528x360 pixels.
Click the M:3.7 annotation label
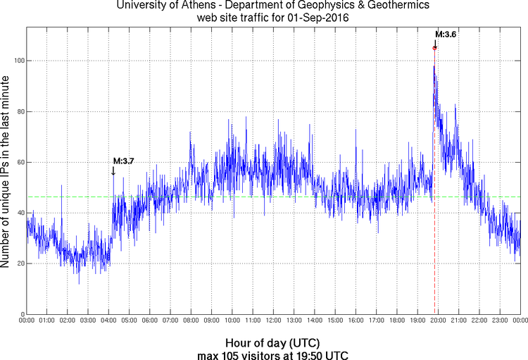pyautogui.click(x=123, y=161)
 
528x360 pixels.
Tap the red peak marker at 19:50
pyautogui.click(x=434, y=48)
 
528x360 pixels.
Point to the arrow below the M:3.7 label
pyautogui.click(x=113, y=170)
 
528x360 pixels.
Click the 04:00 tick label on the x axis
pyautogui.click(x=108, y=321)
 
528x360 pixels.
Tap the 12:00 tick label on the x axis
pyautogui.click(x=273, y=321)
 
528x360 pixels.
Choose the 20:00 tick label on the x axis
pyautogui.click(x=437, y=321)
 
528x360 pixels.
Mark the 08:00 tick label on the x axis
pyautogui.click(x=191, y=321)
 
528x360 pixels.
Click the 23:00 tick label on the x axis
pyautogui.click(x=499, y=321)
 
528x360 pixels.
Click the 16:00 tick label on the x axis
pyautogui.click(x=356, y=321)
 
